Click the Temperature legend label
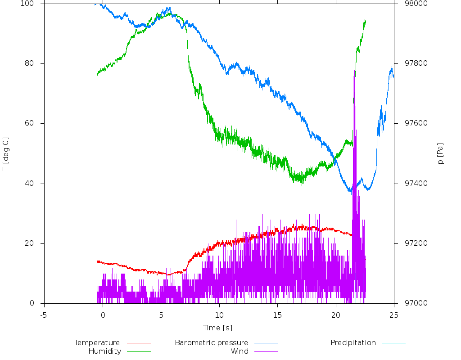[97, 342]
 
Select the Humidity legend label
[104, 351]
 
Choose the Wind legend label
[239, 351]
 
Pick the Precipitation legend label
[353, 342]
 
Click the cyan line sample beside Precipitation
[393, 343]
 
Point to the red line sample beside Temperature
[139, 343]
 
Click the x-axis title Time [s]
[217, 328]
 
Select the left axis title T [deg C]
[6, 154]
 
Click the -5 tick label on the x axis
[44, 315]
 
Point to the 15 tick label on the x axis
[277, 315]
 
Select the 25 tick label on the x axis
[394, 315]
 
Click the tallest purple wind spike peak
[354, 76]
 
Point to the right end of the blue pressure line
[393, 76]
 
